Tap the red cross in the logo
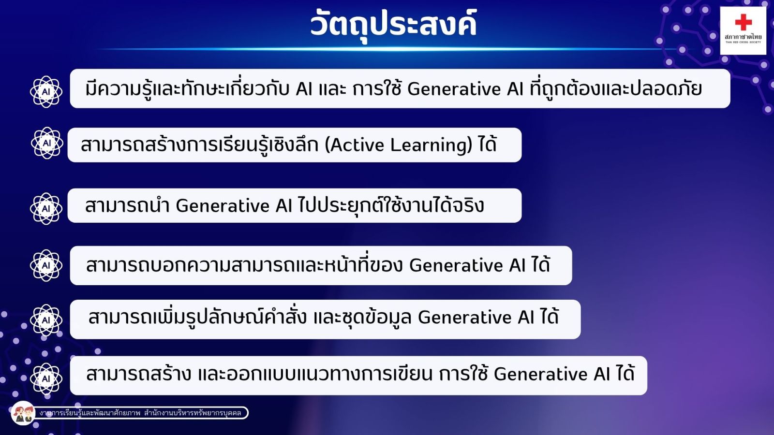(x=743, y=22)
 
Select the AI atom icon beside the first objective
(x=46, y=92)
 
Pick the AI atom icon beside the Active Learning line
(x=47, y=143)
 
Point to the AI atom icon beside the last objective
(x=46, y=379)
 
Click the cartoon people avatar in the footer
(x=23, y=413)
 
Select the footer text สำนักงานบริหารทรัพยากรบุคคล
(x=193, y=413)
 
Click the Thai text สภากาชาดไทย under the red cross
(x=743, y=37)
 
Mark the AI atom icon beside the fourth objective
(x=46, y=265)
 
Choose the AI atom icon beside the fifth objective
(x=46, y=320)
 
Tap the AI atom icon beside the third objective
(x=46, y=208)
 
